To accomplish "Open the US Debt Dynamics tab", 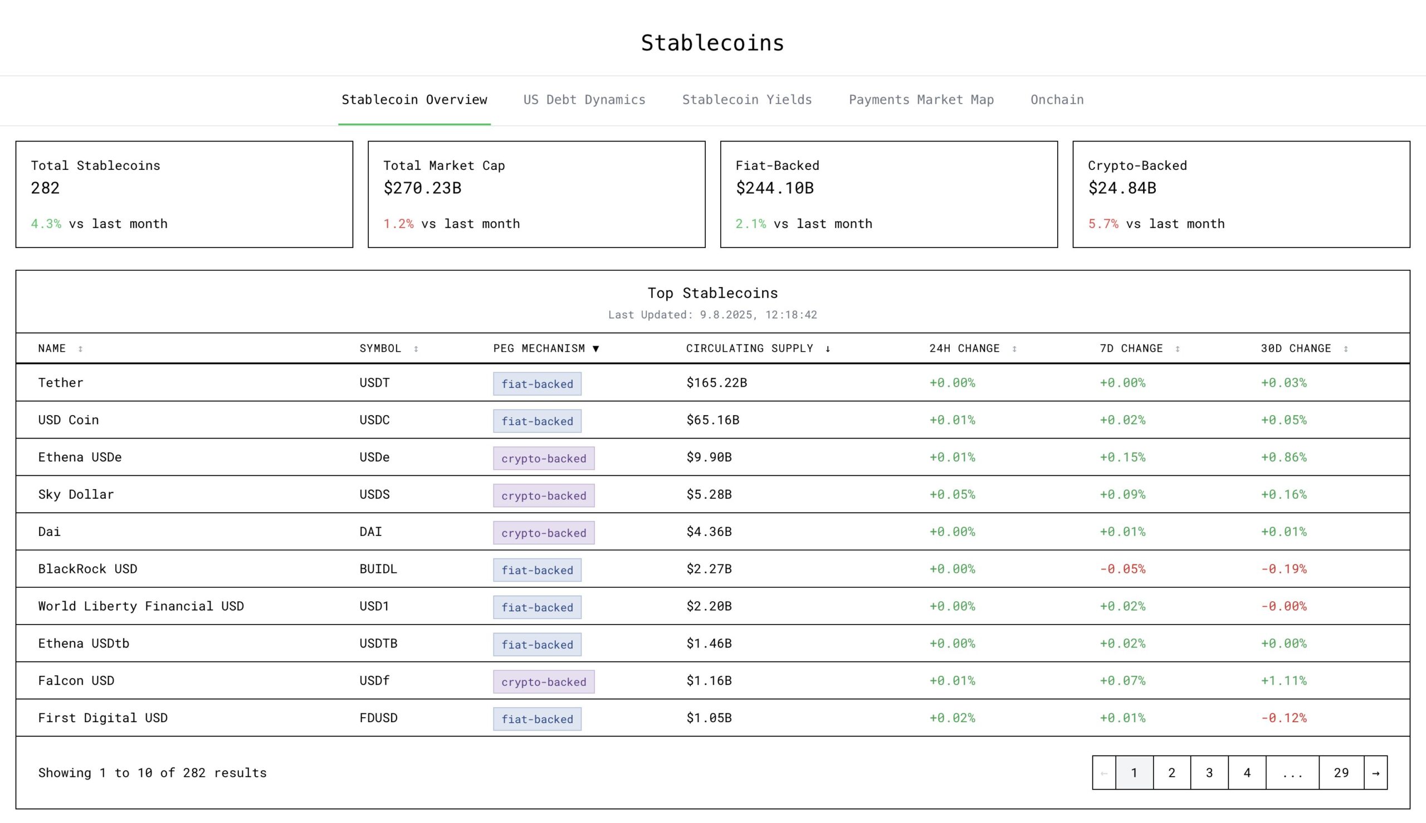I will pos(584,100).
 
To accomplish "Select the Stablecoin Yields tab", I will pos(746,100).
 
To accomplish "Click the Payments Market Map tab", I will pos(921,100).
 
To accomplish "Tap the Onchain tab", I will pos(1057,100).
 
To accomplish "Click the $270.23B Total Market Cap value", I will pos(422,188).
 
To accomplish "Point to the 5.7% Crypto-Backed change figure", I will pos(1103,224).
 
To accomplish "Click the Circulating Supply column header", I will pos(750,348).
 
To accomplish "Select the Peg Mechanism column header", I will pos(539,348).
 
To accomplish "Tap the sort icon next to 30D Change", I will pos(1346,349).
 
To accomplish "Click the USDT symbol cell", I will pos(374,383).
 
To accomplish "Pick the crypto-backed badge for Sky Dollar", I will pos(544,495).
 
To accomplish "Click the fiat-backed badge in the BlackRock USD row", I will pos(537,570).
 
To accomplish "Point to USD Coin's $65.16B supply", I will pos(712,420).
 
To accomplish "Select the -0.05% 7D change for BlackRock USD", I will pos(1122,569).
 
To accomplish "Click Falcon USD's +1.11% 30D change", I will pos(1283,680).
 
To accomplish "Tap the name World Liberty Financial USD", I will pos(141,606).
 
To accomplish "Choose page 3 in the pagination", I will pos(1209,773).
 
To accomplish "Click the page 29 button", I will pos(1341,773).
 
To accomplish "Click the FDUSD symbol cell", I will pos(378,718).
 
